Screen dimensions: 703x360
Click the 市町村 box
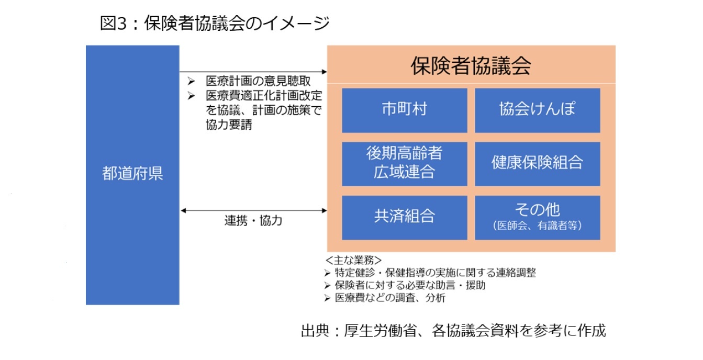404,110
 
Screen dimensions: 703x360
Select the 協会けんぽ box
537,110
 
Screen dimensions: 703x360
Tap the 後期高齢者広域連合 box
404,164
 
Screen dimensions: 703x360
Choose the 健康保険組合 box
537,164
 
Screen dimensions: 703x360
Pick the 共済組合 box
404,218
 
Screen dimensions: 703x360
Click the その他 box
537,218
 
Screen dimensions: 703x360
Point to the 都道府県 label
132,173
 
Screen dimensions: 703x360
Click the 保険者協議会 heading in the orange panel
471,66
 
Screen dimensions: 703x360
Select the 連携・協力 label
253,221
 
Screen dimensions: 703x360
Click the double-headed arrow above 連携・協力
253,210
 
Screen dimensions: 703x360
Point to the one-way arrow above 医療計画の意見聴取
253,72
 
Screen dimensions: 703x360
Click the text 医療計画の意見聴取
258,81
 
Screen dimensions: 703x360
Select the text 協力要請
229,125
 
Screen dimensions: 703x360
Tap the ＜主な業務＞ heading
353,260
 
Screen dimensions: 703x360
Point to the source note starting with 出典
453,331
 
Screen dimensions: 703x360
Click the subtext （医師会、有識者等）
537,226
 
